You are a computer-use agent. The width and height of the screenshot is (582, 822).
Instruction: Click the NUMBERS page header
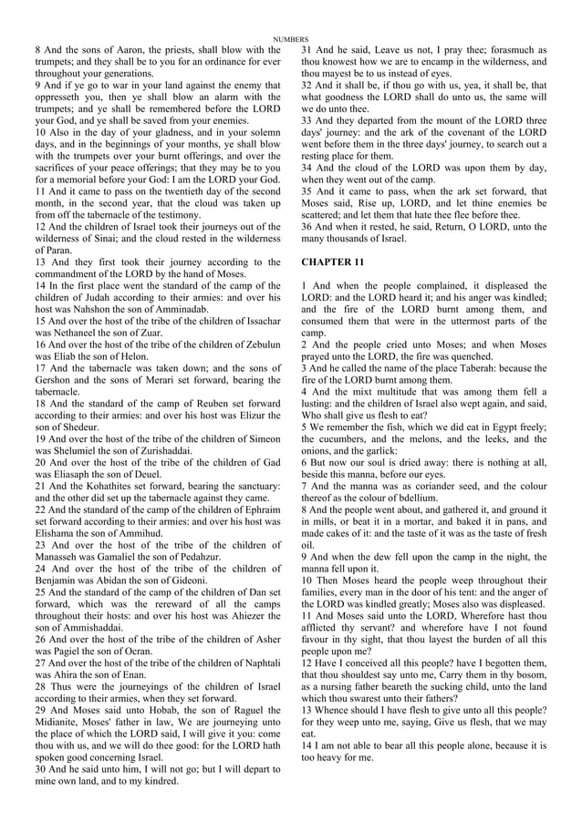tap(291, 38)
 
